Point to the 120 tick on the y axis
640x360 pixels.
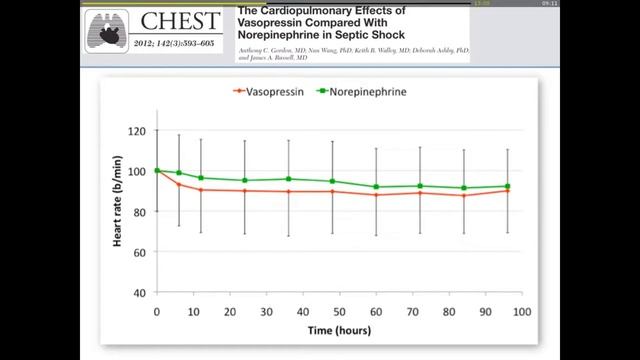(137, 131)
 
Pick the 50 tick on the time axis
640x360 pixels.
(339, 312)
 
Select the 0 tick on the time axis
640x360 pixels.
(157, 312)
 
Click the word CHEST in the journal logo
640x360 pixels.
(180, 20)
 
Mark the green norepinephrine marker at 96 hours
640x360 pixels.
(507, 186)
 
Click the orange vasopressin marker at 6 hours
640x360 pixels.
(179, 184)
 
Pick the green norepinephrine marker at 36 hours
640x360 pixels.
(289, 179)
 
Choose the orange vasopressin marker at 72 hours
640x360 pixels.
(420, 192)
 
